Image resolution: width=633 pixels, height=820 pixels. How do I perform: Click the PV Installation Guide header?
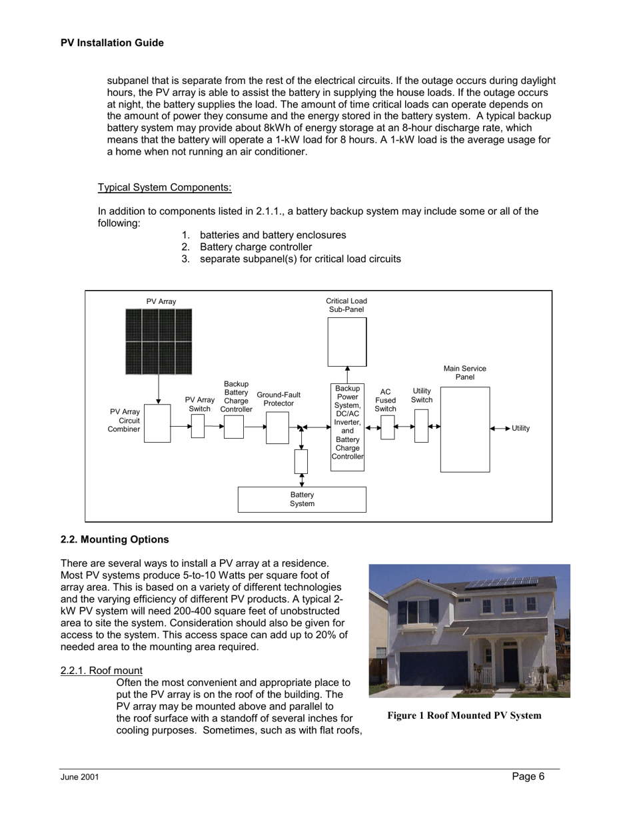click(112, 43)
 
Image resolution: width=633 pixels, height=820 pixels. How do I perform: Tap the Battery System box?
click(302, 499)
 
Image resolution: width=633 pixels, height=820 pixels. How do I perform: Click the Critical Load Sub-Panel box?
click(346, 341)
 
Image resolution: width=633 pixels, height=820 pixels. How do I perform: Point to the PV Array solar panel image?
click(159, 341)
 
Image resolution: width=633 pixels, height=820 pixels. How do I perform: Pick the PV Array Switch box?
click(198, 426)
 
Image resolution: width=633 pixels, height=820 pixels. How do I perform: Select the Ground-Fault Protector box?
click(277, 427)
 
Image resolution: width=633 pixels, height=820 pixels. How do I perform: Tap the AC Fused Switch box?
click(387, 427)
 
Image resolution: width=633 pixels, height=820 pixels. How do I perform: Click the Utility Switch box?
click(421, 426)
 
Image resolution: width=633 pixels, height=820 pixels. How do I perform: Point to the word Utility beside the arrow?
click(520, 428)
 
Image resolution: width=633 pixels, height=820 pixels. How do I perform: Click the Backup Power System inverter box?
click(347, 427)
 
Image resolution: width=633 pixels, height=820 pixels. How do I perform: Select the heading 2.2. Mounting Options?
click(115, 539)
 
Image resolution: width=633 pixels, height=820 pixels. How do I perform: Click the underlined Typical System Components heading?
click(165, 187)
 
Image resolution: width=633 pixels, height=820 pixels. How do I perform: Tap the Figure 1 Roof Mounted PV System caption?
click(464, 715)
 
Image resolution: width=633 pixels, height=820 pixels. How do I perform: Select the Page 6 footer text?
click(528, 775)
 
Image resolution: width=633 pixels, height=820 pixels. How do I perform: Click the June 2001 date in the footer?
click(79, 777)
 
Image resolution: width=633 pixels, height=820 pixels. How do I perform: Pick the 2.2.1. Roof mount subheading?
click(101, 670)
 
